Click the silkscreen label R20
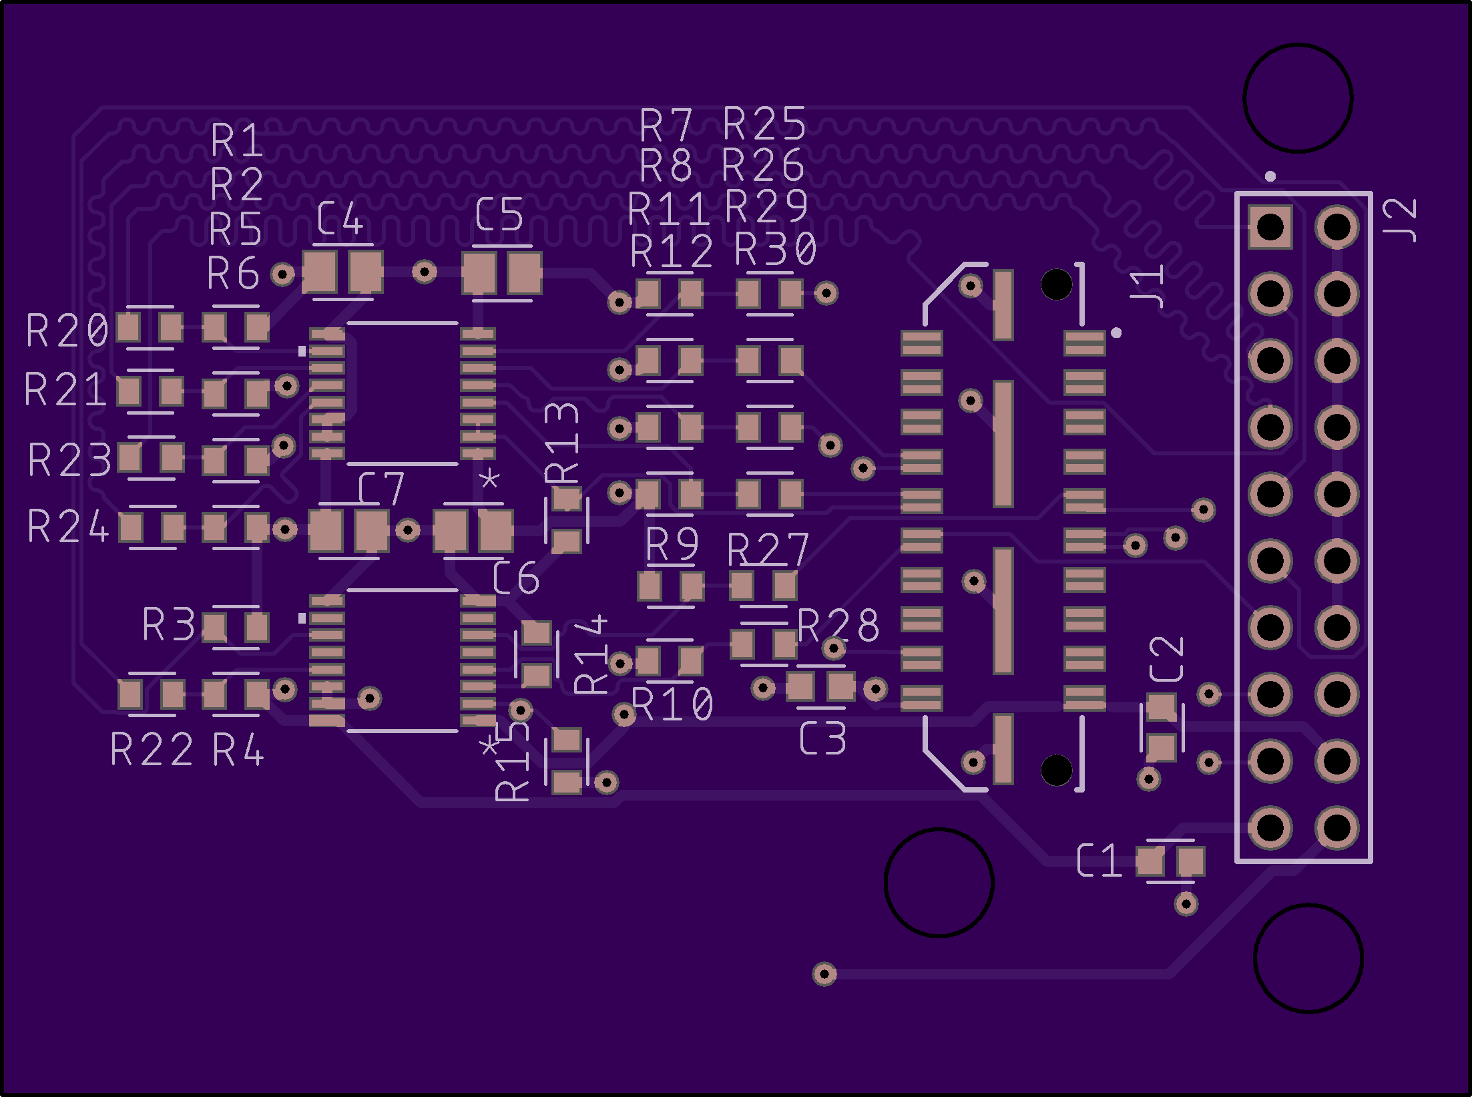click(67, 331)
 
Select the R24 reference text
click(68, 526)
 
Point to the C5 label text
click(499, 214)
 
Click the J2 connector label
click(1400, 220)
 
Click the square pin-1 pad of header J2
click(1270, 227)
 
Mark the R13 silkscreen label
click(561, 443)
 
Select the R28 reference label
click(838, 626)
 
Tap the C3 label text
click(823, 738)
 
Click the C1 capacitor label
click(1099, 860)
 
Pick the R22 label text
click(152, 749)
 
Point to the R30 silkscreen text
click(775, 249)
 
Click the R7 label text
click(666, 126)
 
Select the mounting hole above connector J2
click(1298, 98)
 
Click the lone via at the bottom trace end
click(824, 973)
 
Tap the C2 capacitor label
click(1166, 659)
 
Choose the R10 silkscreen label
click(672, 704)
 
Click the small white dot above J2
click(1270, 176)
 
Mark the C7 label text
click(381, 488)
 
